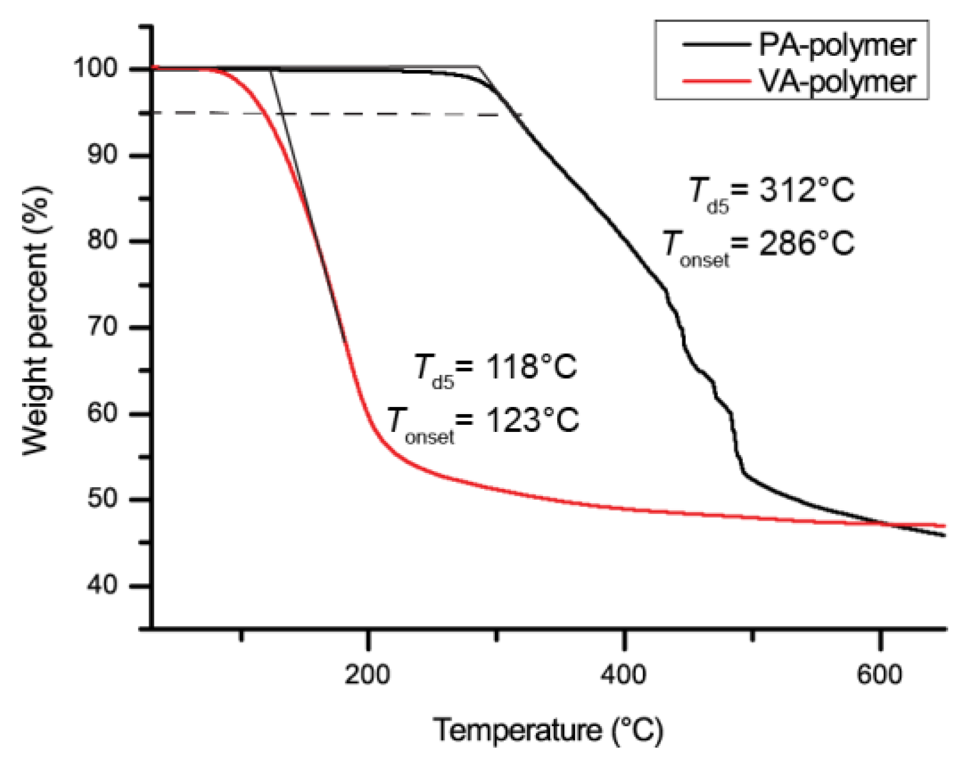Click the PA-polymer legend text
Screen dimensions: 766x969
click(837, 45)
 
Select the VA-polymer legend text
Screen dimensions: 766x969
click(837, 81)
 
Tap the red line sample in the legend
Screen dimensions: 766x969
click(715, 81)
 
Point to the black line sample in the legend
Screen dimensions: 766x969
click(715, 45)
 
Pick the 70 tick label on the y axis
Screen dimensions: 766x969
click(102, 326)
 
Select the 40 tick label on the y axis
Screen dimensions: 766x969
click(102, 585)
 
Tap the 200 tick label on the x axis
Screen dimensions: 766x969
click(367, 675)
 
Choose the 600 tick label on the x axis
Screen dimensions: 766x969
click(879, 675)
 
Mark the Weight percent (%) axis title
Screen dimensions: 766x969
click(37, 321)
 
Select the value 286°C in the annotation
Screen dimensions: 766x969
click(806, 243)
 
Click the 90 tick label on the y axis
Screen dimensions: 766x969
click(102, 155)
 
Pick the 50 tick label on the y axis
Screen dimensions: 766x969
click(102, 498)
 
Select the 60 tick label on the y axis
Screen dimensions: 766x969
click(102, 412)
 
